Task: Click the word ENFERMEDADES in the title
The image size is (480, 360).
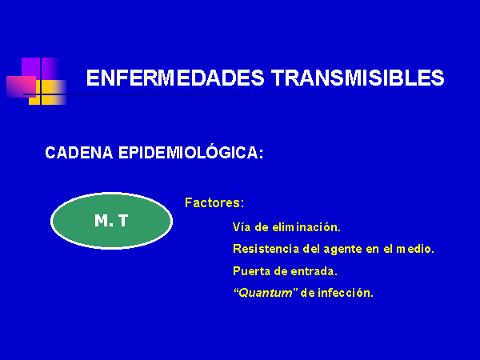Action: (x=175, y=78)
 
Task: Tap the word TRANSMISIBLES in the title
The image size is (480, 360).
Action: (x=358, y=78)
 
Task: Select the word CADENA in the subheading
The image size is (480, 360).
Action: (x=79, y=153)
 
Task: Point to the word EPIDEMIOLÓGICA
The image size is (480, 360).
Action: (x=190, y=152)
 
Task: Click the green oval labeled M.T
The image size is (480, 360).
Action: (x=111, y=221)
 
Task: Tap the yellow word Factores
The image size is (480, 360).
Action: (x=214, y=202)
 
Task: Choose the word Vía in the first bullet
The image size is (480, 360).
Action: (x=242, y=227)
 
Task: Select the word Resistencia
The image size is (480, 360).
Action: (x=266, y=249)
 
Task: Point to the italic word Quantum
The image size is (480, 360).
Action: (x=266, y=294)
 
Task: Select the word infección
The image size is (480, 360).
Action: (x=346, y=293)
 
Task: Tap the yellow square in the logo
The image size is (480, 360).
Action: (x=47, y=92)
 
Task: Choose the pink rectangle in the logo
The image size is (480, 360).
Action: (x=21, y=87)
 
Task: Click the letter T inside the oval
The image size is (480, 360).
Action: (x=123, y=221)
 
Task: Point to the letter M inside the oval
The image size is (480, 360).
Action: (x=102, y=221)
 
